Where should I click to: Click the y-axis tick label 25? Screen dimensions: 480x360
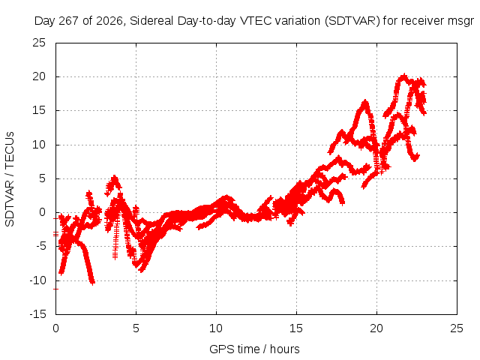coord(39,43)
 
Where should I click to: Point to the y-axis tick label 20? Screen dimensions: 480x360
coord(39,76)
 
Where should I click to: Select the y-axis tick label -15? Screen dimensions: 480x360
coord(38,314)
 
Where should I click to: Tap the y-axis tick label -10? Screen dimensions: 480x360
coord(38,280)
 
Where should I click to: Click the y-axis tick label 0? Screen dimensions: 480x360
coord(42,212)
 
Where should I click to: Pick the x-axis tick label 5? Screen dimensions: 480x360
coord(136,328)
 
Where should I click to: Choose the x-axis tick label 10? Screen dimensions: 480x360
coord(216,328)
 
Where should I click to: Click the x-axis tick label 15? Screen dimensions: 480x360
coord(296,328)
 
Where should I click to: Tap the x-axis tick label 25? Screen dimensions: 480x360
coord(457,328)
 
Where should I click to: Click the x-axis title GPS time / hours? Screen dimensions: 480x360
coord(254,349)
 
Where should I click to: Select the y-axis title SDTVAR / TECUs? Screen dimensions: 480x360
coord(10,179)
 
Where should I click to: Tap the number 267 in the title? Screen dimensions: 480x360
coord(69,21)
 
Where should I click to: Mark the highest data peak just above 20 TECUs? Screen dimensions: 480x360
coord(404,75)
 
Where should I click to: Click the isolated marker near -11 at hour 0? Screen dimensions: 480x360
coord(55,289)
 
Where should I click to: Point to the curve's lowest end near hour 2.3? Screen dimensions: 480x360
coord(92,283)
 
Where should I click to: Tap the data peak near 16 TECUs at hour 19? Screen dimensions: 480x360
coord(365,102)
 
